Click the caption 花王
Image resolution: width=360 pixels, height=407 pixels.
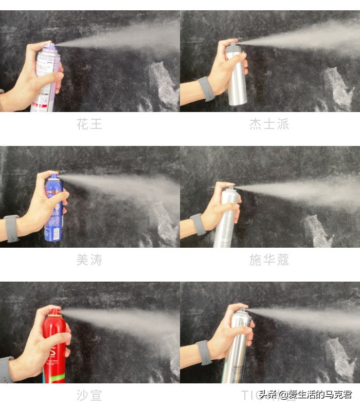pyautogui.click(x=89, y=124)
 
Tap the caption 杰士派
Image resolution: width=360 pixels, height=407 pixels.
pyautogui.click(x=269, y=124)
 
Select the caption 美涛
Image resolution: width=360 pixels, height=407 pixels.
pyautogui.click(x=89, y=260)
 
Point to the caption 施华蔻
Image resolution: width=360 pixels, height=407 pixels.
pyautogui.click(x=269, y=260)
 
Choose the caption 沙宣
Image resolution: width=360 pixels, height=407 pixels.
pyautogui.click(x=89, y=395)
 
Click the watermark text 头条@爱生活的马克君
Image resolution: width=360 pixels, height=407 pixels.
pyautogui.click(x=305, y=395)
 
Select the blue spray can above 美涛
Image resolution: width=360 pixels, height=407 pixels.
pyautogui.click(x=53, y=208)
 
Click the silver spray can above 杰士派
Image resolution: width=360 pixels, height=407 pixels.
pyautogui.click(x=237, y=77)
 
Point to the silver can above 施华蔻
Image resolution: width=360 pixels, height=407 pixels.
pyautogui.click(x=226, y=218)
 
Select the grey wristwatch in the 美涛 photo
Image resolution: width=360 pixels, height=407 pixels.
pyautogui.click(x=11, y=228)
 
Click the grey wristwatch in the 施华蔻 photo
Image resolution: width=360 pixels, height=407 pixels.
pyautogui.click(x=197, y=225)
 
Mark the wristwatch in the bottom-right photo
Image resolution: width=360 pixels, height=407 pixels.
pyautogui.click(x=204, y=353)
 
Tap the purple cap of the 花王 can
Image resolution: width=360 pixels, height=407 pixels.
pyautogui.click(x=50, y=48)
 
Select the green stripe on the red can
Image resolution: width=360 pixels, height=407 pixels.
pyautogui.click(x=56, y=377)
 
